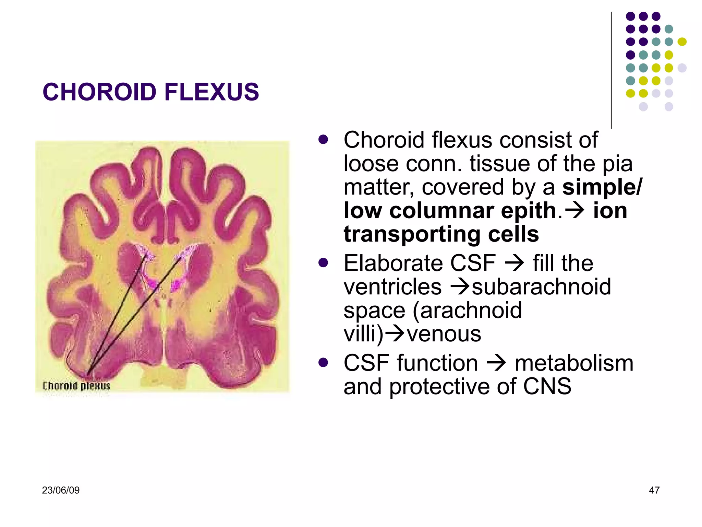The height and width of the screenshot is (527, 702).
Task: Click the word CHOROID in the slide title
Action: (99, 92)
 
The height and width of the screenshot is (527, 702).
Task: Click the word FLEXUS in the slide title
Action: (211, 92)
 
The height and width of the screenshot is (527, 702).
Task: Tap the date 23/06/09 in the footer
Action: (61, 490)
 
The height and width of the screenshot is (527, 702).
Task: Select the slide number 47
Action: (654, 490)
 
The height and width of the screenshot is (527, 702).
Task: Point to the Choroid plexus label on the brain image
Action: (76, 386)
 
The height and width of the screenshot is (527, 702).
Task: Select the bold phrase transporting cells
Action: (441, 234)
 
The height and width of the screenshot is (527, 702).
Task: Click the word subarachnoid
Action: (541, 287)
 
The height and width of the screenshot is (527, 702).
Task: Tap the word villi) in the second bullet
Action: (363, 334)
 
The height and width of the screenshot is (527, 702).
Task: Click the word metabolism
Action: (574, 363)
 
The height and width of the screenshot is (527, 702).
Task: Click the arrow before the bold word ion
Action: (574, 211)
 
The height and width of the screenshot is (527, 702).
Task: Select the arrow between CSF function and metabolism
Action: (496, 363)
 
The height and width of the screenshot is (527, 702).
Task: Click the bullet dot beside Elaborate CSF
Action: (323, 263)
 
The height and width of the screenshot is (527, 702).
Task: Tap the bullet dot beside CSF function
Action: (323, 362)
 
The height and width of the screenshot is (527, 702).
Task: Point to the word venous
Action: (444, 334)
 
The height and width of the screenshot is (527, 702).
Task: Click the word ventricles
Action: (392, 287)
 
